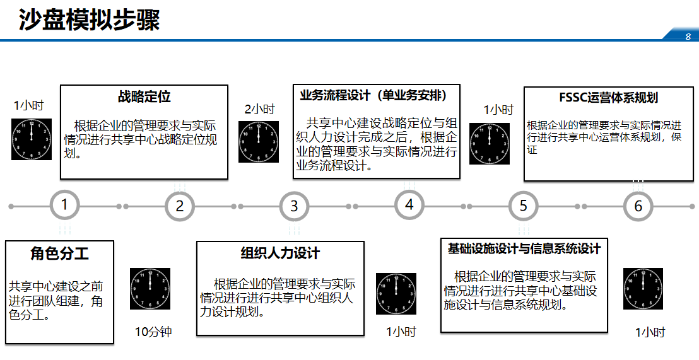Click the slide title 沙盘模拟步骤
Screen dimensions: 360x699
tap(89, 20)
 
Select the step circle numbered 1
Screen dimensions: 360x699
tap(65, 205)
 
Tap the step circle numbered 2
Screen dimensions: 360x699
tap(180, 206)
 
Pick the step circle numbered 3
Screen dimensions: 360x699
tap(294, 206)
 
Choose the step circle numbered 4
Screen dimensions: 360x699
tap(409, 205)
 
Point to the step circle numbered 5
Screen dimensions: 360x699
tap(524, 206)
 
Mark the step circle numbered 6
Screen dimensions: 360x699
tap(638, 206)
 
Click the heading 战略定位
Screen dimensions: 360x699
tap(144, 97)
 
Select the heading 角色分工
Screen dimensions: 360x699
tap(59, 253)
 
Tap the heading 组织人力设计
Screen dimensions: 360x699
tap(280, 253)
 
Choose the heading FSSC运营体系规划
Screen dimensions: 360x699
tap(608, 98)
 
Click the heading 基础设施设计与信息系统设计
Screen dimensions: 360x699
tap(524, 248)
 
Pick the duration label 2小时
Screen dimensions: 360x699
tap(259, 109)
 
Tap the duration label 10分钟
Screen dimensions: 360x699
tap(153, 332)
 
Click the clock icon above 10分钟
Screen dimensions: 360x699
tap(150, 289)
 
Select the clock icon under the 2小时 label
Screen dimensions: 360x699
tap(259, 142)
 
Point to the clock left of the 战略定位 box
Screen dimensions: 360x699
tap(32, 139)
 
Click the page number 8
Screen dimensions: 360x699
tap(688, 36)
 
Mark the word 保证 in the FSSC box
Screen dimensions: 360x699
tap(532, 149)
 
